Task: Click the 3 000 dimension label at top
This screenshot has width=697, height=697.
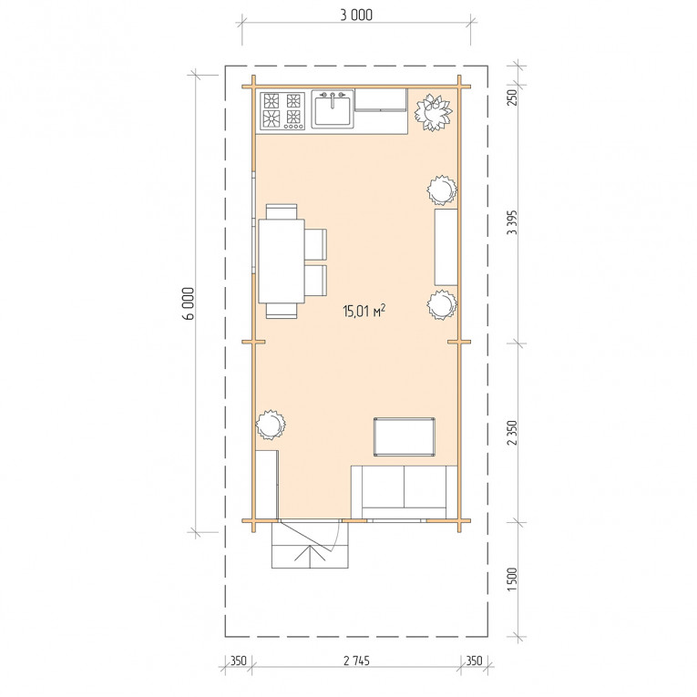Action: tap(356, 15)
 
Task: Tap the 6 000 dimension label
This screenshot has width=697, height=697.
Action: tap(190, 303)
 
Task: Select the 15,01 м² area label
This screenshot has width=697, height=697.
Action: tap(364, 311)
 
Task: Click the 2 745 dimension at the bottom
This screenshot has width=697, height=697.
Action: tap(356, 661)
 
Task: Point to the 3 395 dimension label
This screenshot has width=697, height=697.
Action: tap(513, 222)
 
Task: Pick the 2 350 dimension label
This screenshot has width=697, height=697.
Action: tap(513, 433)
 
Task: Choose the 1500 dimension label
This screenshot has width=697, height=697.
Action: tap(513, 579)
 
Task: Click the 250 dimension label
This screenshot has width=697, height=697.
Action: tap(513, 97)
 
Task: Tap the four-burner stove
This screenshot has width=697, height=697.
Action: tap(282, 110)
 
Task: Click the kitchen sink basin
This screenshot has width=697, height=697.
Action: tap(333, 110)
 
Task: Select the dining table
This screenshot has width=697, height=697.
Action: tap(282, 261)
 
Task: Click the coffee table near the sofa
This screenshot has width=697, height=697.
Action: tap(404, 437)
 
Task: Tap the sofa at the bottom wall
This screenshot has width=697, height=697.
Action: tap(404, 492)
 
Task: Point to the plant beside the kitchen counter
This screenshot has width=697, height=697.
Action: tap(433, 112)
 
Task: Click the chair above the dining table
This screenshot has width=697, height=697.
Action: tap(282, 211)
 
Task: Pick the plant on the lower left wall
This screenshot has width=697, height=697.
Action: tap(271, 425)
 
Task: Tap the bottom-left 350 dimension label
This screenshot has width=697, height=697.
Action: tap(239, 661)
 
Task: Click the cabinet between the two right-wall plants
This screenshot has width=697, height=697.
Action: tap(446, 247)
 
